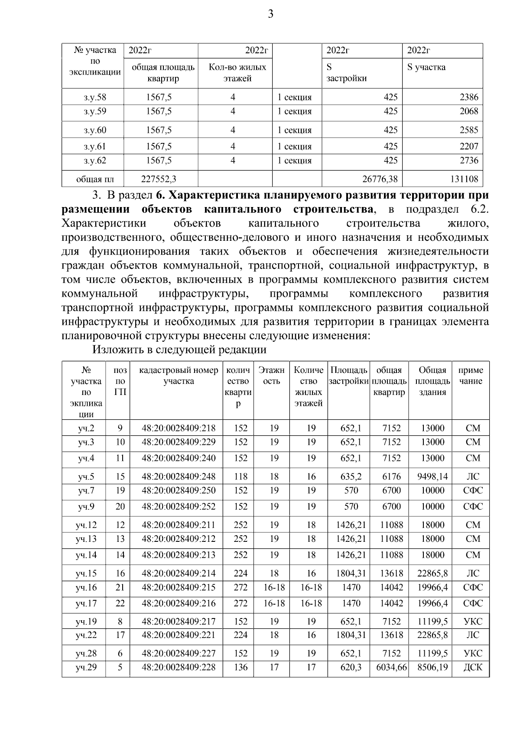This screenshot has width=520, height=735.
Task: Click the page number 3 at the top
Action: [x=270, y=14]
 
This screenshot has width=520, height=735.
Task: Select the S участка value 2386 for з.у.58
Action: [x=468, y=97]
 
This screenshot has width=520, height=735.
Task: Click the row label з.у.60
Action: [x=95, y=130]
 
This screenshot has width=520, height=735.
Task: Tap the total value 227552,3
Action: [x=159, y=178]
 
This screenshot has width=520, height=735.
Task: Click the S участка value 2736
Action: [x=468, y=161]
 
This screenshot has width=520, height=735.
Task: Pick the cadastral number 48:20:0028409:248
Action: [x=179, y=477]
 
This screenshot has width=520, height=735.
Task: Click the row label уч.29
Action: [x=86, y=667]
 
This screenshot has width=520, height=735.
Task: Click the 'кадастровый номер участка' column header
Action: [x=179, y=376]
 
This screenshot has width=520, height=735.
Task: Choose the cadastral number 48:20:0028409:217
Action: [x=179, y=622]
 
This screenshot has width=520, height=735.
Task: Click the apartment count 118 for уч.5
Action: [x=240, y=477]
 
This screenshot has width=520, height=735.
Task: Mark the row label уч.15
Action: [x=86, y=573]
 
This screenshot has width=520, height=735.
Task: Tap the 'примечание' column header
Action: [x=471, y=376]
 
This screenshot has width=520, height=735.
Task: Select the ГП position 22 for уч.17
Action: [x=120, y=603]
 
